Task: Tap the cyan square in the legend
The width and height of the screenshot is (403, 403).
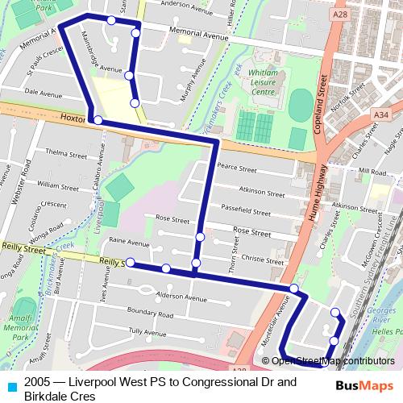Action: (x=13, y=383)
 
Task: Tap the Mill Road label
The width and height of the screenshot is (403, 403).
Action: (x=373, y=172)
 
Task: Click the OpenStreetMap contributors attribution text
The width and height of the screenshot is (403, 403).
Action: (x=334, y=360)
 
